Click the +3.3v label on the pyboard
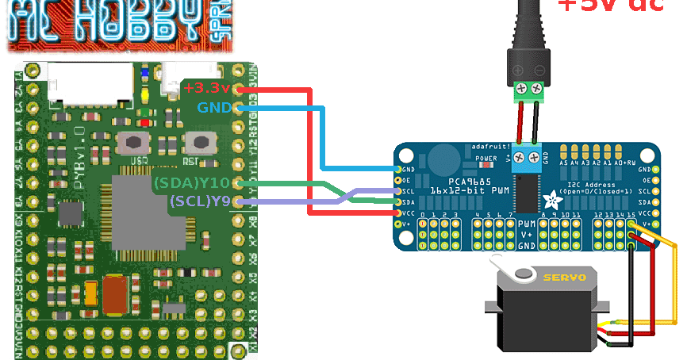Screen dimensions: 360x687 pos(206,86)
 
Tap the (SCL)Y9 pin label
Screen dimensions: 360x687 pos(199,201)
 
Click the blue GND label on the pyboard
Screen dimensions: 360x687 pos(214,106)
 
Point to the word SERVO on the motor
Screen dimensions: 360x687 pos(564,277)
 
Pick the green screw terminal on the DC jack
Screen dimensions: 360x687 pos(531,90)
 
